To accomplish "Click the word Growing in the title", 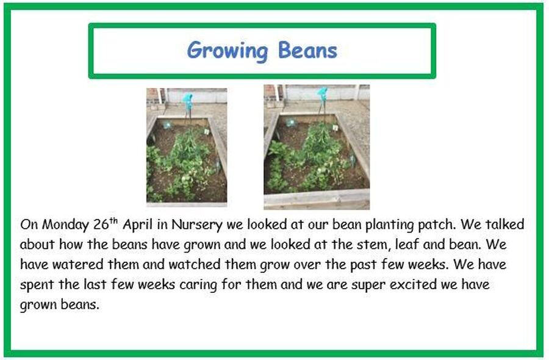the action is point(228,51).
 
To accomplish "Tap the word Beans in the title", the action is point(307,50).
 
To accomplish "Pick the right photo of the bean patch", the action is point(317,147).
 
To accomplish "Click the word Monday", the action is point(65,225).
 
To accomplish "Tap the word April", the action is point(138,225).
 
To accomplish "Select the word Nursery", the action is point(197,225).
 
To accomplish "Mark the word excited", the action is point(413,284).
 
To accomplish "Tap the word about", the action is point(37,244).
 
